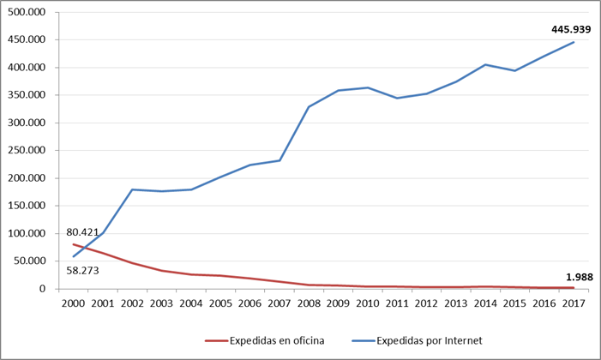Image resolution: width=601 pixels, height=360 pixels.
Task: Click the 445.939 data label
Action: tap(571, 29)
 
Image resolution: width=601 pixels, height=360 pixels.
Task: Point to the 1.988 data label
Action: tap(580, 277)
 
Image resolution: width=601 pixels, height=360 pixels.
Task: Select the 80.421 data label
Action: tap(82, 232)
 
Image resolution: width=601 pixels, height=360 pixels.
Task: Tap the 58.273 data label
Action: tap(82, 271)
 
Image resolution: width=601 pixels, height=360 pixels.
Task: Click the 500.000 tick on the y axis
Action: tap(27, 12)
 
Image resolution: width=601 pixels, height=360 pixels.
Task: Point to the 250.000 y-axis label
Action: tap(27, 150)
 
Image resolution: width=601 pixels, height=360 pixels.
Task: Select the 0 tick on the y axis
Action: tap(42, 288)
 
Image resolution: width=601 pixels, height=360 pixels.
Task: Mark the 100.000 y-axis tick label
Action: tap(27, 233)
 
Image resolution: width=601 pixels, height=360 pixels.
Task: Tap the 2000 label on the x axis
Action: tap(73, 303)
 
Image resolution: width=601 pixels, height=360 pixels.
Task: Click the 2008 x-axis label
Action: tap(309, 303)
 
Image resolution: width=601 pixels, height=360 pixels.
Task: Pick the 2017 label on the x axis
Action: tap(574, 303)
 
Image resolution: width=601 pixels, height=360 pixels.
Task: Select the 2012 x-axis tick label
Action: tap(427, 303)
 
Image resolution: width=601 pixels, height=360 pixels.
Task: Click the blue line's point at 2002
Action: tap(132, 189)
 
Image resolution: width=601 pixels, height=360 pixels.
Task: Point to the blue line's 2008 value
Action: tap(309, 106)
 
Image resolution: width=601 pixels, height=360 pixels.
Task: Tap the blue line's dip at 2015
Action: tap(514, 70)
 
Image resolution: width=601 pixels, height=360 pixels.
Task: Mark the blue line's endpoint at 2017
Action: tap(574, 42)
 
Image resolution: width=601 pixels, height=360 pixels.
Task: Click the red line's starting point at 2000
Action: tap(73, 244)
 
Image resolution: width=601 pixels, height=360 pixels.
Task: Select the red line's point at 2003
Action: tap(162, 271)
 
